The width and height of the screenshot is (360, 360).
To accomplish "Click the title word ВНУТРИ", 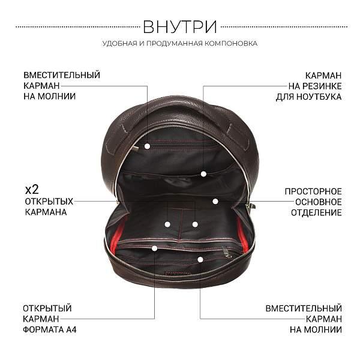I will click(180, 27).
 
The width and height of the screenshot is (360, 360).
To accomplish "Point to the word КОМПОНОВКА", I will click(232, 44).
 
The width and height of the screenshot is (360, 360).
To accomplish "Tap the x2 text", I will click(31, 190).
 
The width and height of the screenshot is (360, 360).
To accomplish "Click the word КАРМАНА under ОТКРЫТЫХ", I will click(45, 212).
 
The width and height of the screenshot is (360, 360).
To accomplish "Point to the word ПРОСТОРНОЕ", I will click(313, 191).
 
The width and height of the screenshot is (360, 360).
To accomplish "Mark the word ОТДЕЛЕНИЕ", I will click(316, 212).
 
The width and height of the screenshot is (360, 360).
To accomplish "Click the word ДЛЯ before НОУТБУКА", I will click(284, 97).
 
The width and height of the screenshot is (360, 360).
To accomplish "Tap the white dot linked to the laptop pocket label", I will click(203, 174).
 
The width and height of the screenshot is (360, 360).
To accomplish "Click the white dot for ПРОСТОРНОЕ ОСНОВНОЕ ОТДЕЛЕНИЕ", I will click(214, 202).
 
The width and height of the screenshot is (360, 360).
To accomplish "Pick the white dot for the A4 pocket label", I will click(154, 248).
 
